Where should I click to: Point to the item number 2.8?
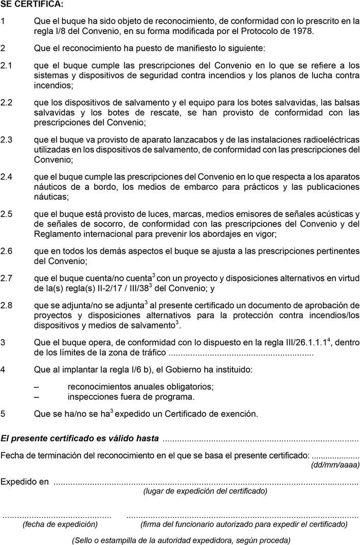click(7, 305)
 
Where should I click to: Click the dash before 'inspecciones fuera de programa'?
click(36, 397)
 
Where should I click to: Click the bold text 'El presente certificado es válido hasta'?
click(79, 439)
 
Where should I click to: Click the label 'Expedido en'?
click(25, 482)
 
